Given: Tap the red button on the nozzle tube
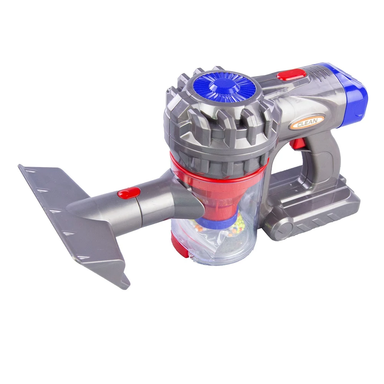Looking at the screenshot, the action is pyautogui.click(x=129, y=192).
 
